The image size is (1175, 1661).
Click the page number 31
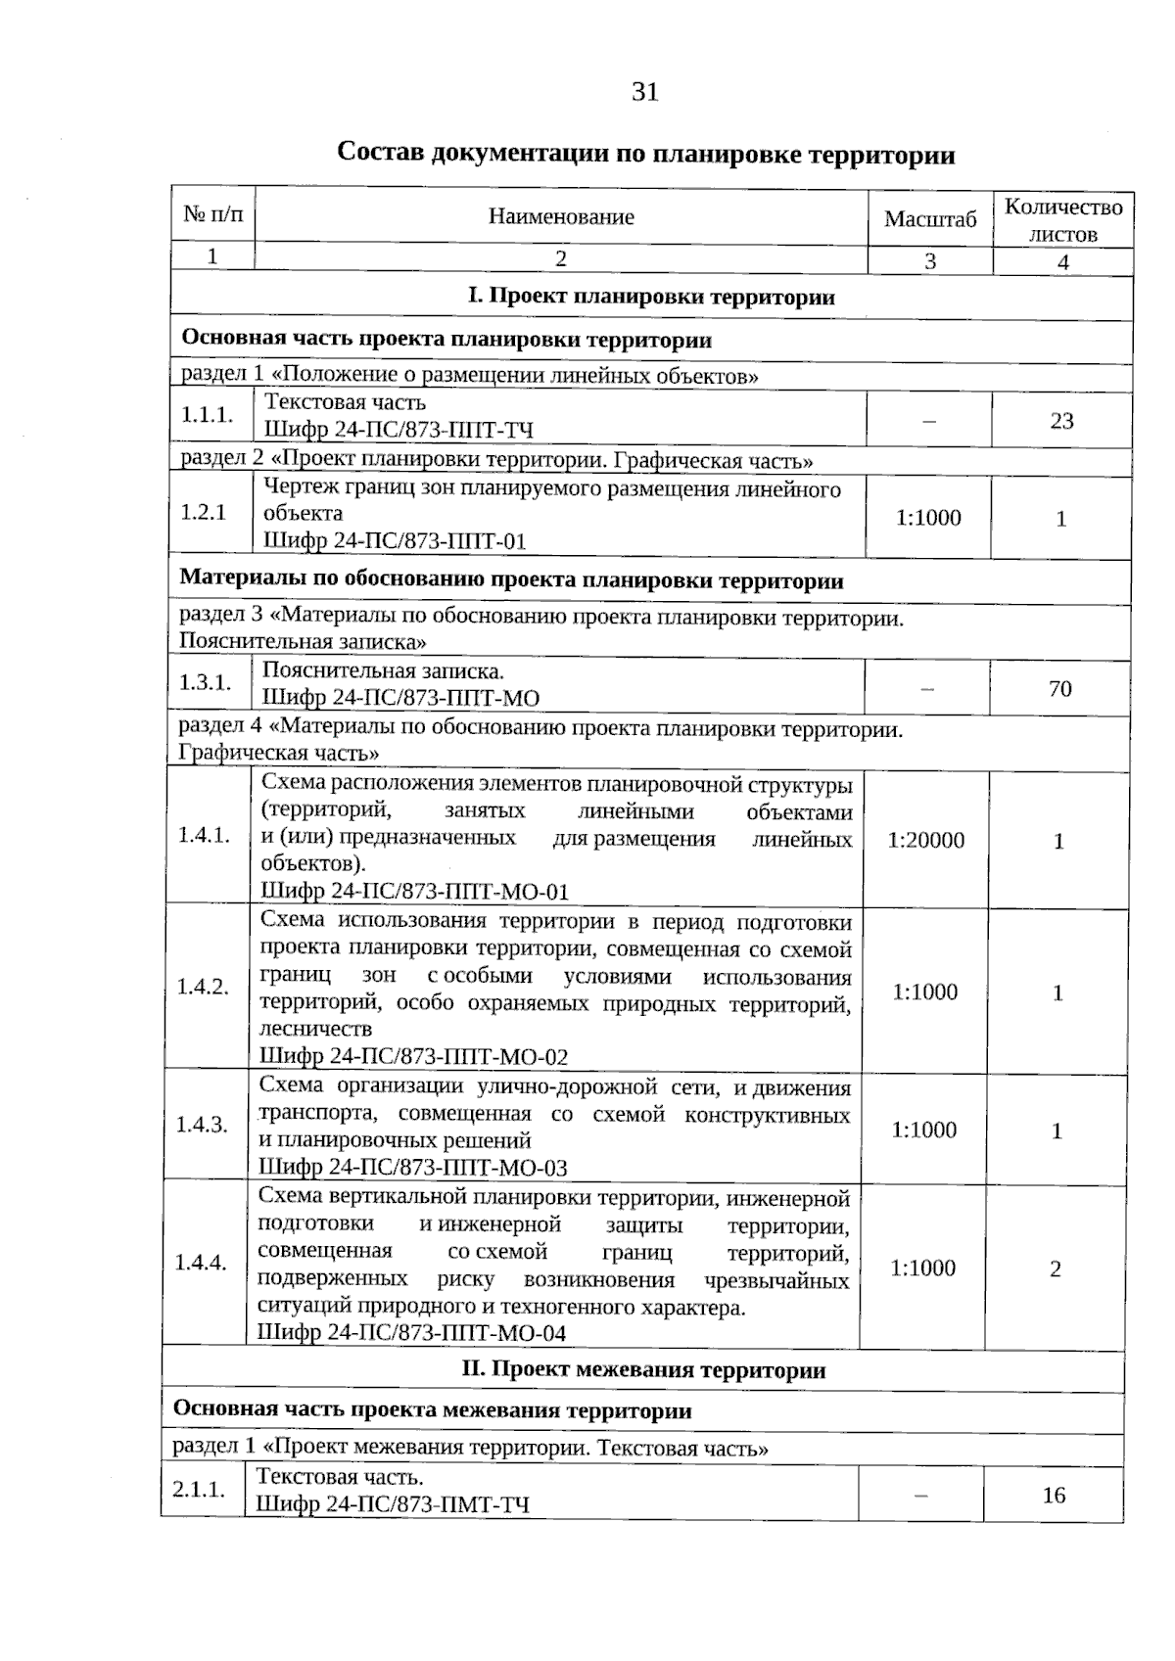click(645, 92)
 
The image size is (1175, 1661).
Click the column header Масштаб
click(929, 219)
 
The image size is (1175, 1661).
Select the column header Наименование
click(561, 217)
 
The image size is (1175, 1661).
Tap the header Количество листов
click(1063, 220)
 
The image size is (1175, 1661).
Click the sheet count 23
click(1061, 421)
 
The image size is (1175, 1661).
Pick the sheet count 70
click(1059, 689)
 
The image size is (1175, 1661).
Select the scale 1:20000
click(925, 840)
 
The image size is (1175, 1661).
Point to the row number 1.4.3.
click(202, 1125)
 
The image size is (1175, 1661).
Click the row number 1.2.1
click(203, 513)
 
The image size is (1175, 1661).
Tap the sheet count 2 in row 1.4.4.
click(1055, 1269)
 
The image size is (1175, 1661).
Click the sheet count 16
click(1053, 1496)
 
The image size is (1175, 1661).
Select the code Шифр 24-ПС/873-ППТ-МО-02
click(413, 1057)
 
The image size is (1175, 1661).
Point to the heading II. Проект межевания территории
click(643, 1370)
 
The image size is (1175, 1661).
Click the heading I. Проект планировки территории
click(651, 298)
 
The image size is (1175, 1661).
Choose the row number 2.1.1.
click(199, 1490)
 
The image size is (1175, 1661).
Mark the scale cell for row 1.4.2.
click(924, 992)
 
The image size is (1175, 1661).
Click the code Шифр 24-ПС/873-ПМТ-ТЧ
click(393, 1504)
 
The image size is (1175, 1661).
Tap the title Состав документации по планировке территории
click(645, 155)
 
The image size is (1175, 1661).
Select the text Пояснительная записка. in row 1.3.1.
click(383, 671)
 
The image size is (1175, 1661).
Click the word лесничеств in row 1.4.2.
click(315, 1030)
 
